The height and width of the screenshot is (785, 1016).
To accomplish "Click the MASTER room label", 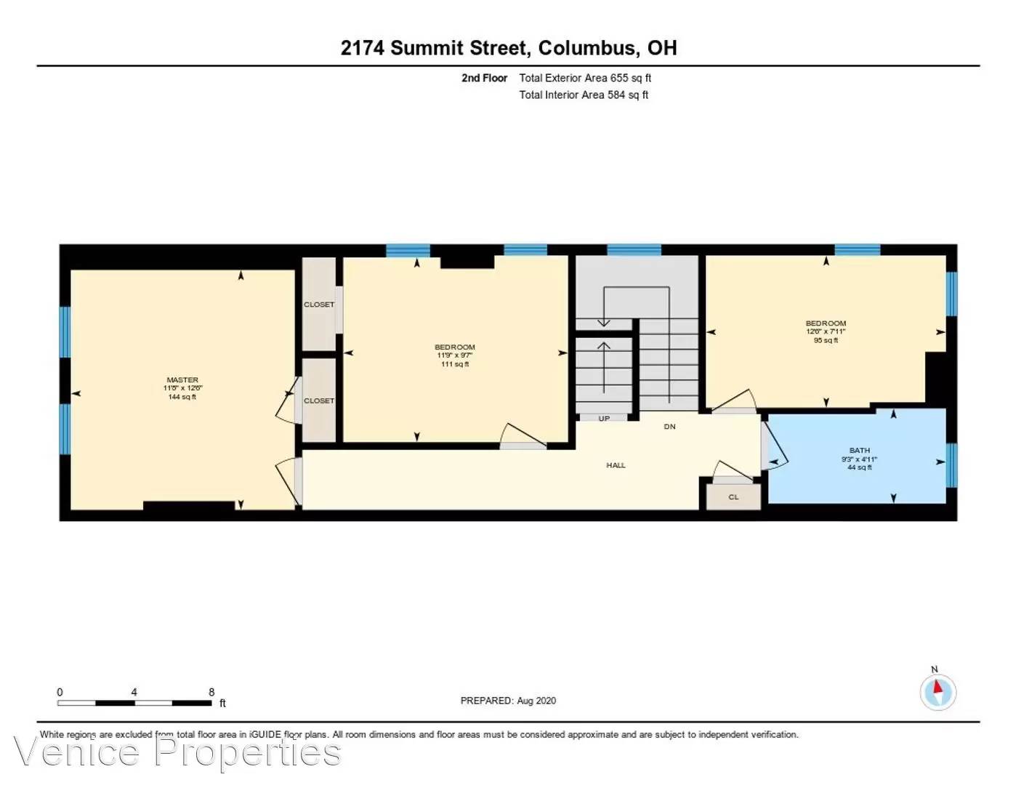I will pos(182,379).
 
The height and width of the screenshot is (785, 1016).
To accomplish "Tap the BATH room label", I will pos(859,451).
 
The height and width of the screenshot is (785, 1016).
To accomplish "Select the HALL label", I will pos(616,465).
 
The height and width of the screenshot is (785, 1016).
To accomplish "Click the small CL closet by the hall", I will pos(733,497).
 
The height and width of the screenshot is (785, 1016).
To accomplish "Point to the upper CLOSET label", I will pos(319,305).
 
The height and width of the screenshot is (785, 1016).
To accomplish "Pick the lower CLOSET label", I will pos(319,400).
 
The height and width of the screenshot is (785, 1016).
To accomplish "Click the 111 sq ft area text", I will pos(455,364).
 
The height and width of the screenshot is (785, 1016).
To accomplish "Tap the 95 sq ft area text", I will pos(826,340).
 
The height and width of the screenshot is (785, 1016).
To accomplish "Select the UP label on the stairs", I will pos(604,419).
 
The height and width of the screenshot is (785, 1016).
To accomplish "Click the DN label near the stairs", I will pos(669,427).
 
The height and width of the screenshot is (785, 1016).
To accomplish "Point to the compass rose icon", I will pos(938,692).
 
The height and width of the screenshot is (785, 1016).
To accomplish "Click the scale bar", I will pos(134,703).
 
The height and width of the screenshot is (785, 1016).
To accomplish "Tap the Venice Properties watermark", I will pos(177,752).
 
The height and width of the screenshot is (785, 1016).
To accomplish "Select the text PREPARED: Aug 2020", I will pos(508,701).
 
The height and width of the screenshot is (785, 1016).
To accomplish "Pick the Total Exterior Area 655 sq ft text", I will pos(584,78).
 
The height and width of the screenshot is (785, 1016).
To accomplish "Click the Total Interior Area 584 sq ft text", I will pos(583,94).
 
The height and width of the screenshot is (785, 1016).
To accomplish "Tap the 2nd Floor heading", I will pos(484,78).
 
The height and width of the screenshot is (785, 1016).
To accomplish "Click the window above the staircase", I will pos(634,250).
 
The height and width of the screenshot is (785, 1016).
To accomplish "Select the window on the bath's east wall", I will pos(951,465).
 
